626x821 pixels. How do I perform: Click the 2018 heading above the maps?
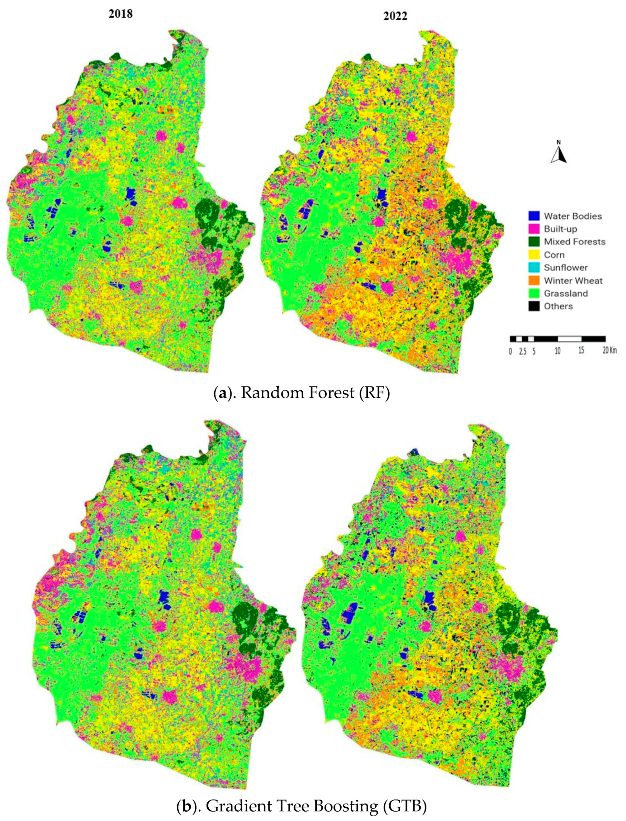(120, 14)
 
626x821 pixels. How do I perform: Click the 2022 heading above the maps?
(395, 16)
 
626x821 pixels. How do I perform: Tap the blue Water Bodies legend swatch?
(534, 216)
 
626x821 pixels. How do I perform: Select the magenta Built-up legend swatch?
(534, 229)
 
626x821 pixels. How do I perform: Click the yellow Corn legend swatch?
(534, 255)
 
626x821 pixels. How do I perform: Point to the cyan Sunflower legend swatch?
(534, 267)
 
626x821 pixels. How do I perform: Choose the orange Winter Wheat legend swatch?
(534, 280)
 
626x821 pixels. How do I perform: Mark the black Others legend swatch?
(534, 306)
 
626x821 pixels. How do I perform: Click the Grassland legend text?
(566, 293)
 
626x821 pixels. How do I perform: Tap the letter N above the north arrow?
(559, 142)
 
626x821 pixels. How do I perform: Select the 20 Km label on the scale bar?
(610, 350)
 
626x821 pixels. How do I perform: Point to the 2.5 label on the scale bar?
(522, 351)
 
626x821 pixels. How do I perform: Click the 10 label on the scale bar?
(558, 351)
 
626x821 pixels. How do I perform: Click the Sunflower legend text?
(566, 268)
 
